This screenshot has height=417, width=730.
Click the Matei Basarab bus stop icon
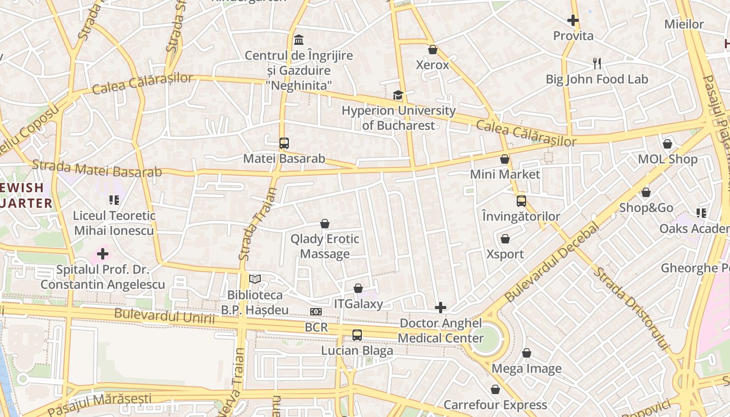(284, 143)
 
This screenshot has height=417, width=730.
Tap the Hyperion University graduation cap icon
(398, 95)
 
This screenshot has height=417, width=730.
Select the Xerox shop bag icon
(432, 50)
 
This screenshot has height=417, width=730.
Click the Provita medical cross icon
(573, 20)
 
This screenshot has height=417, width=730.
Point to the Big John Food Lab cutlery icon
(597, 64)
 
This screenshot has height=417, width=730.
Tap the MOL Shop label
(667, 159)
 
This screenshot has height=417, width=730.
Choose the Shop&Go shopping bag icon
(646, 192)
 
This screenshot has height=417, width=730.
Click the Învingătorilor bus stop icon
(521, 201)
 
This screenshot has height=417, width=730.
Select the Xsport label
(505, 254)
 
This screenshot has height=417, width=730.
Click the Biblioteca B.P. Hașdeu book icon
(254, 279)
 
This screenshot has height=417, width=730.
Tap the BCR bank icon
(316, 312)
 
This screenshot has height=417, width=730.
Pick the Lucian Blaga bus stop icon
(357, 335)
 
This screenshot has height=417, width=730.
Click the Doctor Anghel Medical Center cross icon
(441, 308)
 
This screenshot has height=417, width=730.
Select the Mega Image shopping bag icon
(527, 353)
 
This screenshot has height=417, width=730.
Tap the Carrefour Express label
(495, 404)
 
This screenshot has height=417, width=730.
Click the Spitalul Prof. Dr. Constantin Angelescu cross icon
(103, 254)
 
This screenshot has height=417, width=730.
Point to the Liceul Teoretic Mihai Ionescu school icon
(114, 200)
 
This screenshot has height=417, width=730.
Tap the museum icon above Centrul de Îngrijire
(299, 40)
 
